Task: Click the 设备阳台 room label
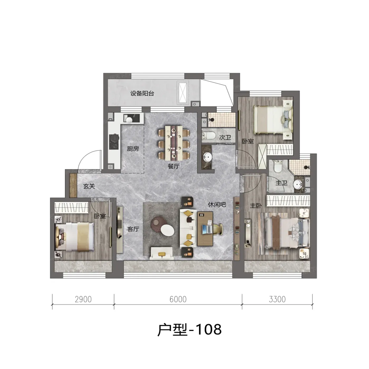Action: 142,94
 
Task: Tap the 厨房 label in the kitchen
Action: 133,149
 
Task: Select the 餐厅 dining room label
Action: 174,166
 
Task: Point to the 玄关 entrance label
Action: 89,186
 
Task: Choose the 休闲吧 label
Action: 217,205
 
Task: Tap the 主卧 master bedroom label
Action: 256,206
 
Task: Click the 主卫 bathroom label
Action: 281,183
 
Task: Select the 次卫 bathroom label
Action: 225,137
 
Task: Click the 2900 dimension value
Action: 83,299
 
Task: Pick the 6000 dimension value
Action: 178,299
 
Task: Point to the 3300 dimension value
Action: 277,299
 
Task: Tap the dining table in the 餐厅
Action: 174,143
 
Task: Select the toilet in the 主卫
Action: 277,166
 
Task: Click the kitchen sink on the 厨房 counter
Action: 129,118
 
